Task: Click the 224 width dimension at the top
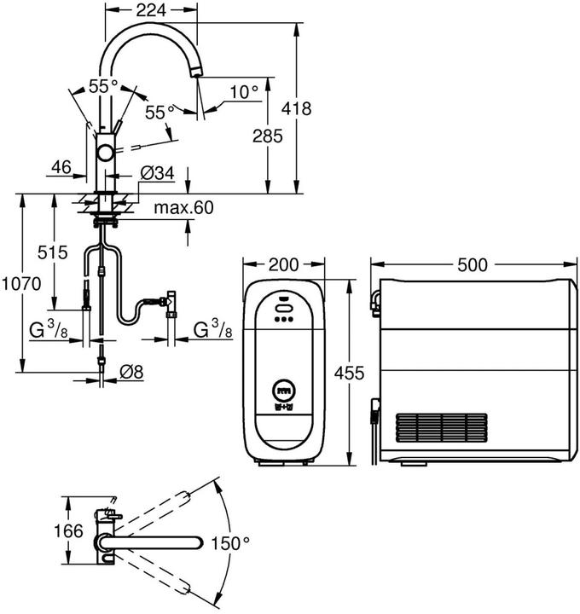pyautogui.click(x=151, y=10)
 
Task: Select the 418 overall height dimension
pyautogui.click(x=297, y=108)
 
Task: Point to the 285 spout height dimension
pyautogui.click(x=268, y=136)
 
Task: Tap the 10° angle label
pyautogui.click(x=244, y=92)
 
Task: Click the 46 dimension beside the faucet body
pyautogui.click(x=61, y=167)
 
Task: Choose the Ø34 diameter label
pyautogui.click(x=158, y=173)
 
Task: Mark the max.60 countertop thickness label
pyautogui.click(x=184, y=207)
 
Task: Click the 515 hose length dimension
pyautogui.click(x=53, y=252)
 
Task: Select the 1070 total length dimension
pyautogui.click(x=21, y=284)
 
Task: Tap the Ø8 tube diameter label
pyautogui.click(x=131, y=372)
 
